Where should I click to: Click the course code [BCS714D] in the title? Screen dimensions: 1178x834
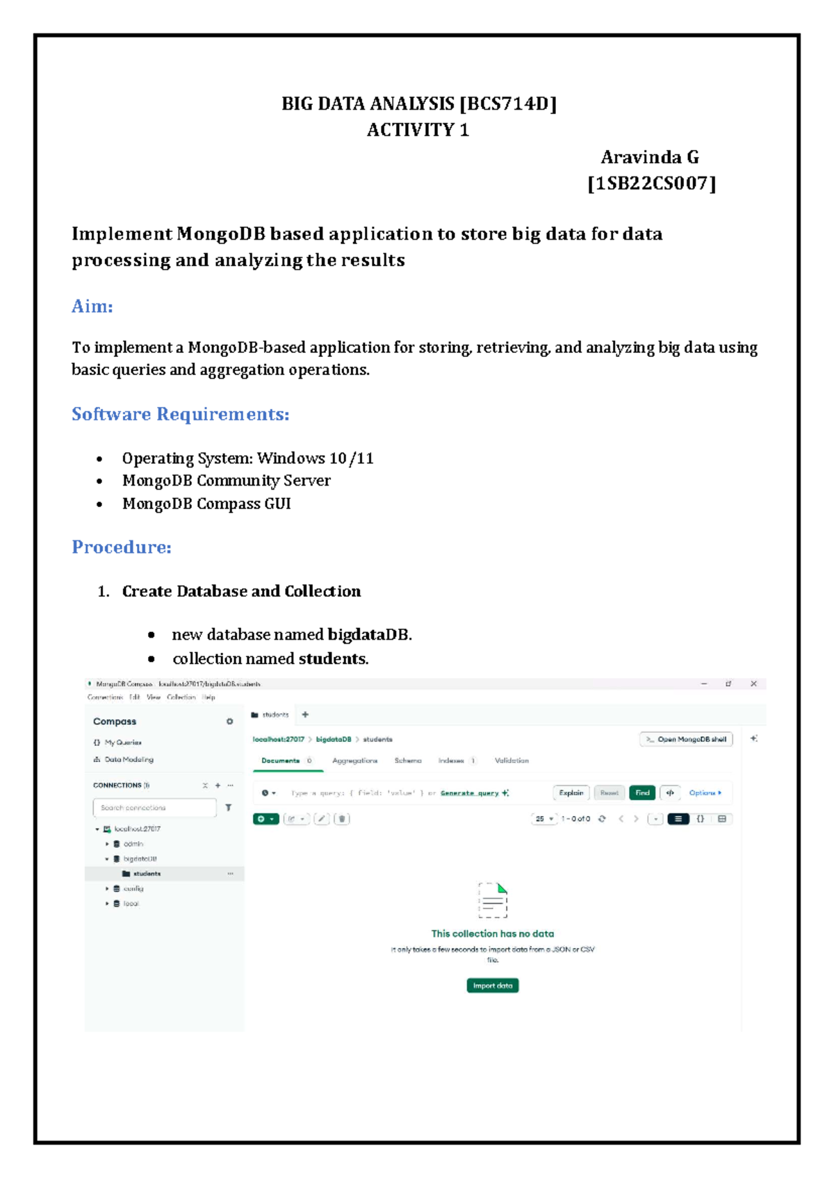(x=508, y=104)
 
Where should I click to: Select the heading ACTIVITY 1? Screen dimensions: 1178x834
(x=418, y=130)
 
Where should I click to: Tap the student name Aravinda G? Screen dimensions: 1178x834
(x=650, y=157)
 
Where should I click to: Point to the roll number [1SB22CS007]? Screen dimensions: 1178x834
(x=651, y=183)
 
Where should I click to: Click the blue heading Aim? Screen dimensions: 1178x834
(x=92, y=306)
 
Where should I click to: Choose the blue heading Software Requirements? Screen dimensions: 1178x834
(x=180, y=414)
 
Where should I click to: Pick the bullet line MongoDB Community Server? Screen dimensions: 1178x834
(x=226, y=481)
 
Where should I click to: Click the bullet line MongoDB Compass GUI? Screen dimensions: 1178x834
(x=206, y=504)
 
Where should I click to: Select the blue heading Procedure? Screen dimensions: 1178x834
(x=122, y=547)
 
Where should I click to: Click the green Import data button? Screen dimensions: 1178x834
(x=492, y=986)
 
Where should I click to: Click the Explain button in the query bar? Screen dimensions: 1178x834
(x=571, y=793)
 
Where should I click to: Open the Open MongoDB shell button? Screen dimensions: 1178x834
(x=686, y=739)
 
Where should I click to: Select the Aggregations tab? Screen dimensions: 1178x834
(x=354, y=761)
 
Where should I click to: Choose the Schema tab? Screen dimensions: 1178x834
(x=408, y=761)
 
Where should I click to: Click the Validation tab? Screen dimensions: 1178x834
(x=512, y=761)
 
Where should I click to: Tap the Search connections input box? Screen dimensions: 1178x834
(x=154, y=808)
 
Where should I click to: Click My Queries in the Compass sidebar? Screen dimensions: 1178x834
(x=122, y=743)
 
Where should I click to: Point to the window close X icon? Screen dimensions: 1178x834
(x=753, y=684)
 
